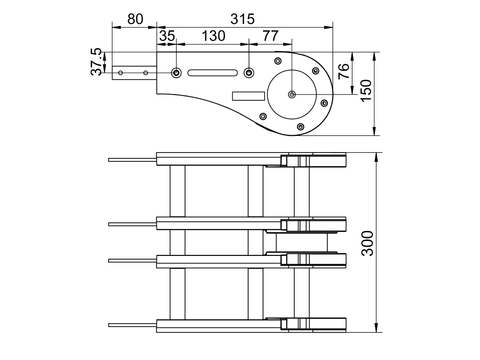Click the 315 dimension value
point(242,19)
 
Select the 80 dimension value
point(135,19)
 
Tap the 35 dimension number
point(167,36)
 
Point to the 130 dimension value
point(214,36)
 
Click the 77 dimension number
point(271,36)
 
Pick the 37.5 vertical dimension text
point(96,61)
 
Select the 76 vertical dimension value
point(344,71)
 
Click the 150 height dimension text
point(366,91)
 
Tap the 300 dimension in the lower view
point(367,243)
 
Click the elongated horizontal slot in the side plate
point(213,73)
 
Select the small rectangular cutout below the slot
point(248,96)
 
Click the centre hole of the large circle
point(292,94)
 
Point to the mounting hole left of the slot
point(176,73)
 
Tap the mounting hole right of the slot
point(249,73)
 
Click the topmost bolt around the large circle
point(277,61)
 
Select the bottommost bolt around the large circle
point(300,126)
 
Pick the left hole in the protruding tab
point(120,73)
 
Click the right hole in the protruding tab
point(146,73)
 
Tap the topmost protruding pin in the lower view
point(132,160)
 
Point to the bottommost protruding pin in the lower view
point(132,325)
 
